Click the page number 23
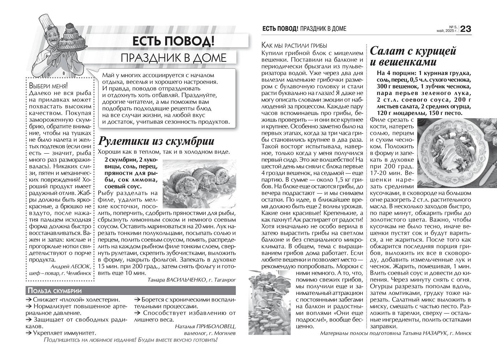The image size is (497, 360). point(466,29)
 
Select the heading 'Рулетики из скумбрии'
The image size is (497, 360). point(156,141)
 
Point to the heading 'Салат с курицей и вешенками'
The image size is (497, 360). point(413,56)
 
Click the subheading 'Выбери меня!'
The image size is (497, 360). point(48,86)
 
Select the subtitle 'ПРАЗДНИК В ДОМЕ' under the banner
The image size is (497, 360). point(173,58)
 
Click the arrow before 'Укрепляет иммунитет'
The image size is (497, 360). point(29,333)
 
